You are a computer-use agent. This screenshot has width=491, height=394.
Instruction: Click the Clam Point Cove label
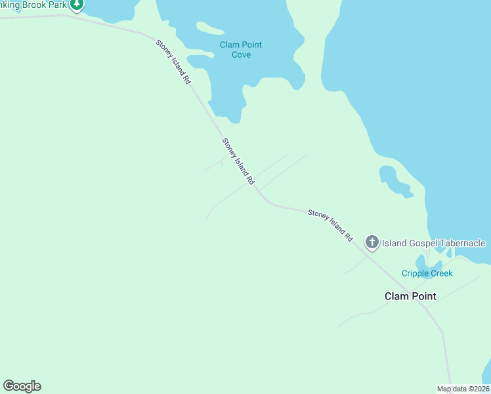pyautogui.click(x=241, y=49)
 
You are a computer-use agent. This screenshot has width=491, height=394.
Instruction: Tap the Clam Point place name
pyautogui.click(x=410, y=296)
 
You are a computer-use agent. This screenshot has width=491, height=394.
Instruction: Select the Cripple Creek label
pyautogui.click(x=427, y=273)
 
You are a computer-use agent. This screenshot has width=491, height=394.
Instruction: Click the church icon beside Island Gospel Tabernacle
pyautogui.click(x=372, y=243)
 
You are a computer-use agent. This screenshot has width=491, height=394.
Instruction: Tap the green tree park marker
pyautogui.click(x=77, y=5)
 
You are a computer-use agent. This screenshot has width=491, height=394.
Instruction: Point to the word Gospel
pyautogui.click(x=413, y=244)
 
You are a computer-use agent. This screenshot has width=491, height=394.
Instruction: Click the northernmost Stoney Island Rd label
pyautogui.click(x=173, y=62)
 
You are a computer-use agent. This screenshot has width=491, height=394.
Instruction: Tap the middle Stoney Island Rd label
pyautogui.click(x=238, y=161)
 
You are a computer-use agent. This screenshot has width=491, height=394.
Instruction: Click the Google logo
pyautogui.click(x=22, y=386)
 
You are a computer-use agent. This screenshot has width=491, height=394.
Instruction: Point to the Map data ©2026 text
pyautogui.click(x=463, y=389)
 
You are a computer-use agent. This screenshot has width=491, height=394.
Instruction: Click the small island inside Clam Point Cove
pyautogui.click(x=209, y=28)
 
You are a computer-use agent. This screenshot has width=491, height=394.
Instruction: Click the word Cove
pyautogui.click(x=241, y=55)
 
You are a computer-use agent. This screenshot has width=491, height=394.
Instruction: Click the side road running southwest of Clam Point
pyautogui.click(x=368, y=314)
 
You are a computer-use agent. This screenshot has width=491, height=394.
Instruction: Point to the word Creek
pyautogui.click(x=441, y=273)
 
